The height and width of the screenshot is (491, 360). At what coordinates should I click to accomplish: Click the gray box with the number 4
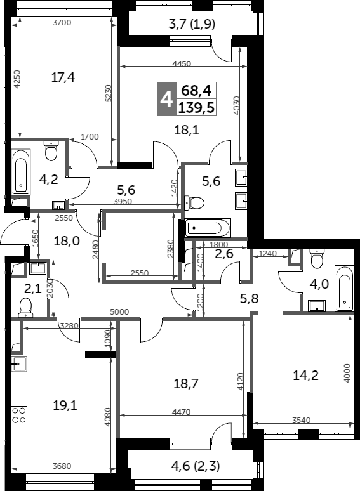coord(166,99)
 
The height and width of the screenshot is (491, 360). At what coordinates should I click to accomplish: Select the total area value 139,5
coord(196,108)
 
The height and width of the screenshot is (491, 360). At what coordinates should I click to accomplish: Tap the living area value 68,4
coord(196,89)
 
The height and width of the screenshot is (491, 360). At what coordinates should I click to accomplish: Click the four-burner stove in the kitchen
coord(19,415)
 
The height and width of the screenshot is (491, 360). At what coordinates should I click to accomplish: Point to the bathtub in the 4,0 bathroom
coord(343,289)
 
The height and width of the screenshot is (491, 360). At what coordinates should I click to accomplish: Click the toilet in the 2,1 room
coord(26,307)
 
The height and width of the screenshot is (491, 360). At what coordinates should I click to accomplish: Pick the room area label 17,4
coord(63,77)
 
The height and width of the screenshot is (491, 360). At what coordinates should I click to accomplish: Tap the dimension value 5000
coord(119,311)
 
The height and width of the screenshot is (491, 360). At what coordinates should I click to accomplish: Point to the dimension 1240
coord(268,254)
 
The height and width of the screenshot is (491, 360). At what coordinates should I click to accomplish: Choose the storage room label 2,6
coord(224,254)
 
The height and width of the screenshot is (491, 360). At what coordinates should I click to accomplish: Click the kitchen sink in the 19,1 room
coord(19,363)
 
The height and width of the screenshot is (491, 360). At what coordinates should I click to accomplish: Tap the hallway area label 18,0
coord(66,240)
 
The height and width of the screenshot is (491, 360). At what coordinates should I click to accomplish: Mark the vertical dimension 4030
coord(236,104)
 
